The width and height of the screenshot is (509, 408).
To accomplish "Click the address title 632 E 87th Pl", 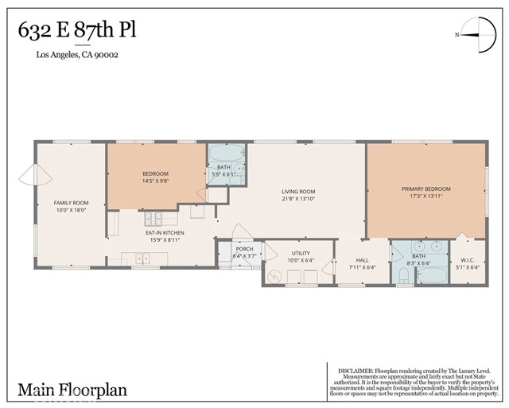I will click(77, 30).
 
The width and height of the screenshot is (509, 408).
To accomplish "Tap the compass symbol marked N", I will click(474, 33).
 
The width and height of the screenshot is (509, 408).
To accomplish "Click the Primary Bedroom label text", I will click(425, 188).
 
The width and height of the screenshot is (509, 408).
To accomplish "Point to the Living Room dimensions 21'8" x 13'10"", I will click(298, 199).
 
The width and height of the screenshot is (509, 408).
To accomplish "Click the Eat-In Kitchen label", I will click(164, 232).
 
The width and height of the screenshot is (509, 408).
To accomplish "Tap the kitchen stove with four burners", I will click(153, 219).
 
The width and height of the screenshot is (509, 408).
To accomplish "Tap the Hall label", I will click(362, 260).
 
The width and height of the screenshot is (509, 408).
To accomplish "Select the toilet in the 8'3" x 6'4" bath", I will click(402, 276).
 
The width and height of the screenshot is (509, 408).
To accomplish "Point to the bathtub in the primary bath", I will click(433, 276).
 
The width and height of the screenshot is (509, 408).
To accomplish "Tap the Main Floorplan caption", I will click(72, 390).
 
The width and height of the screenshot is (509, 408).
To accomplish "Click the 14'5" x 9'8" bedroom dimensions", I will click(156, 181).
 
